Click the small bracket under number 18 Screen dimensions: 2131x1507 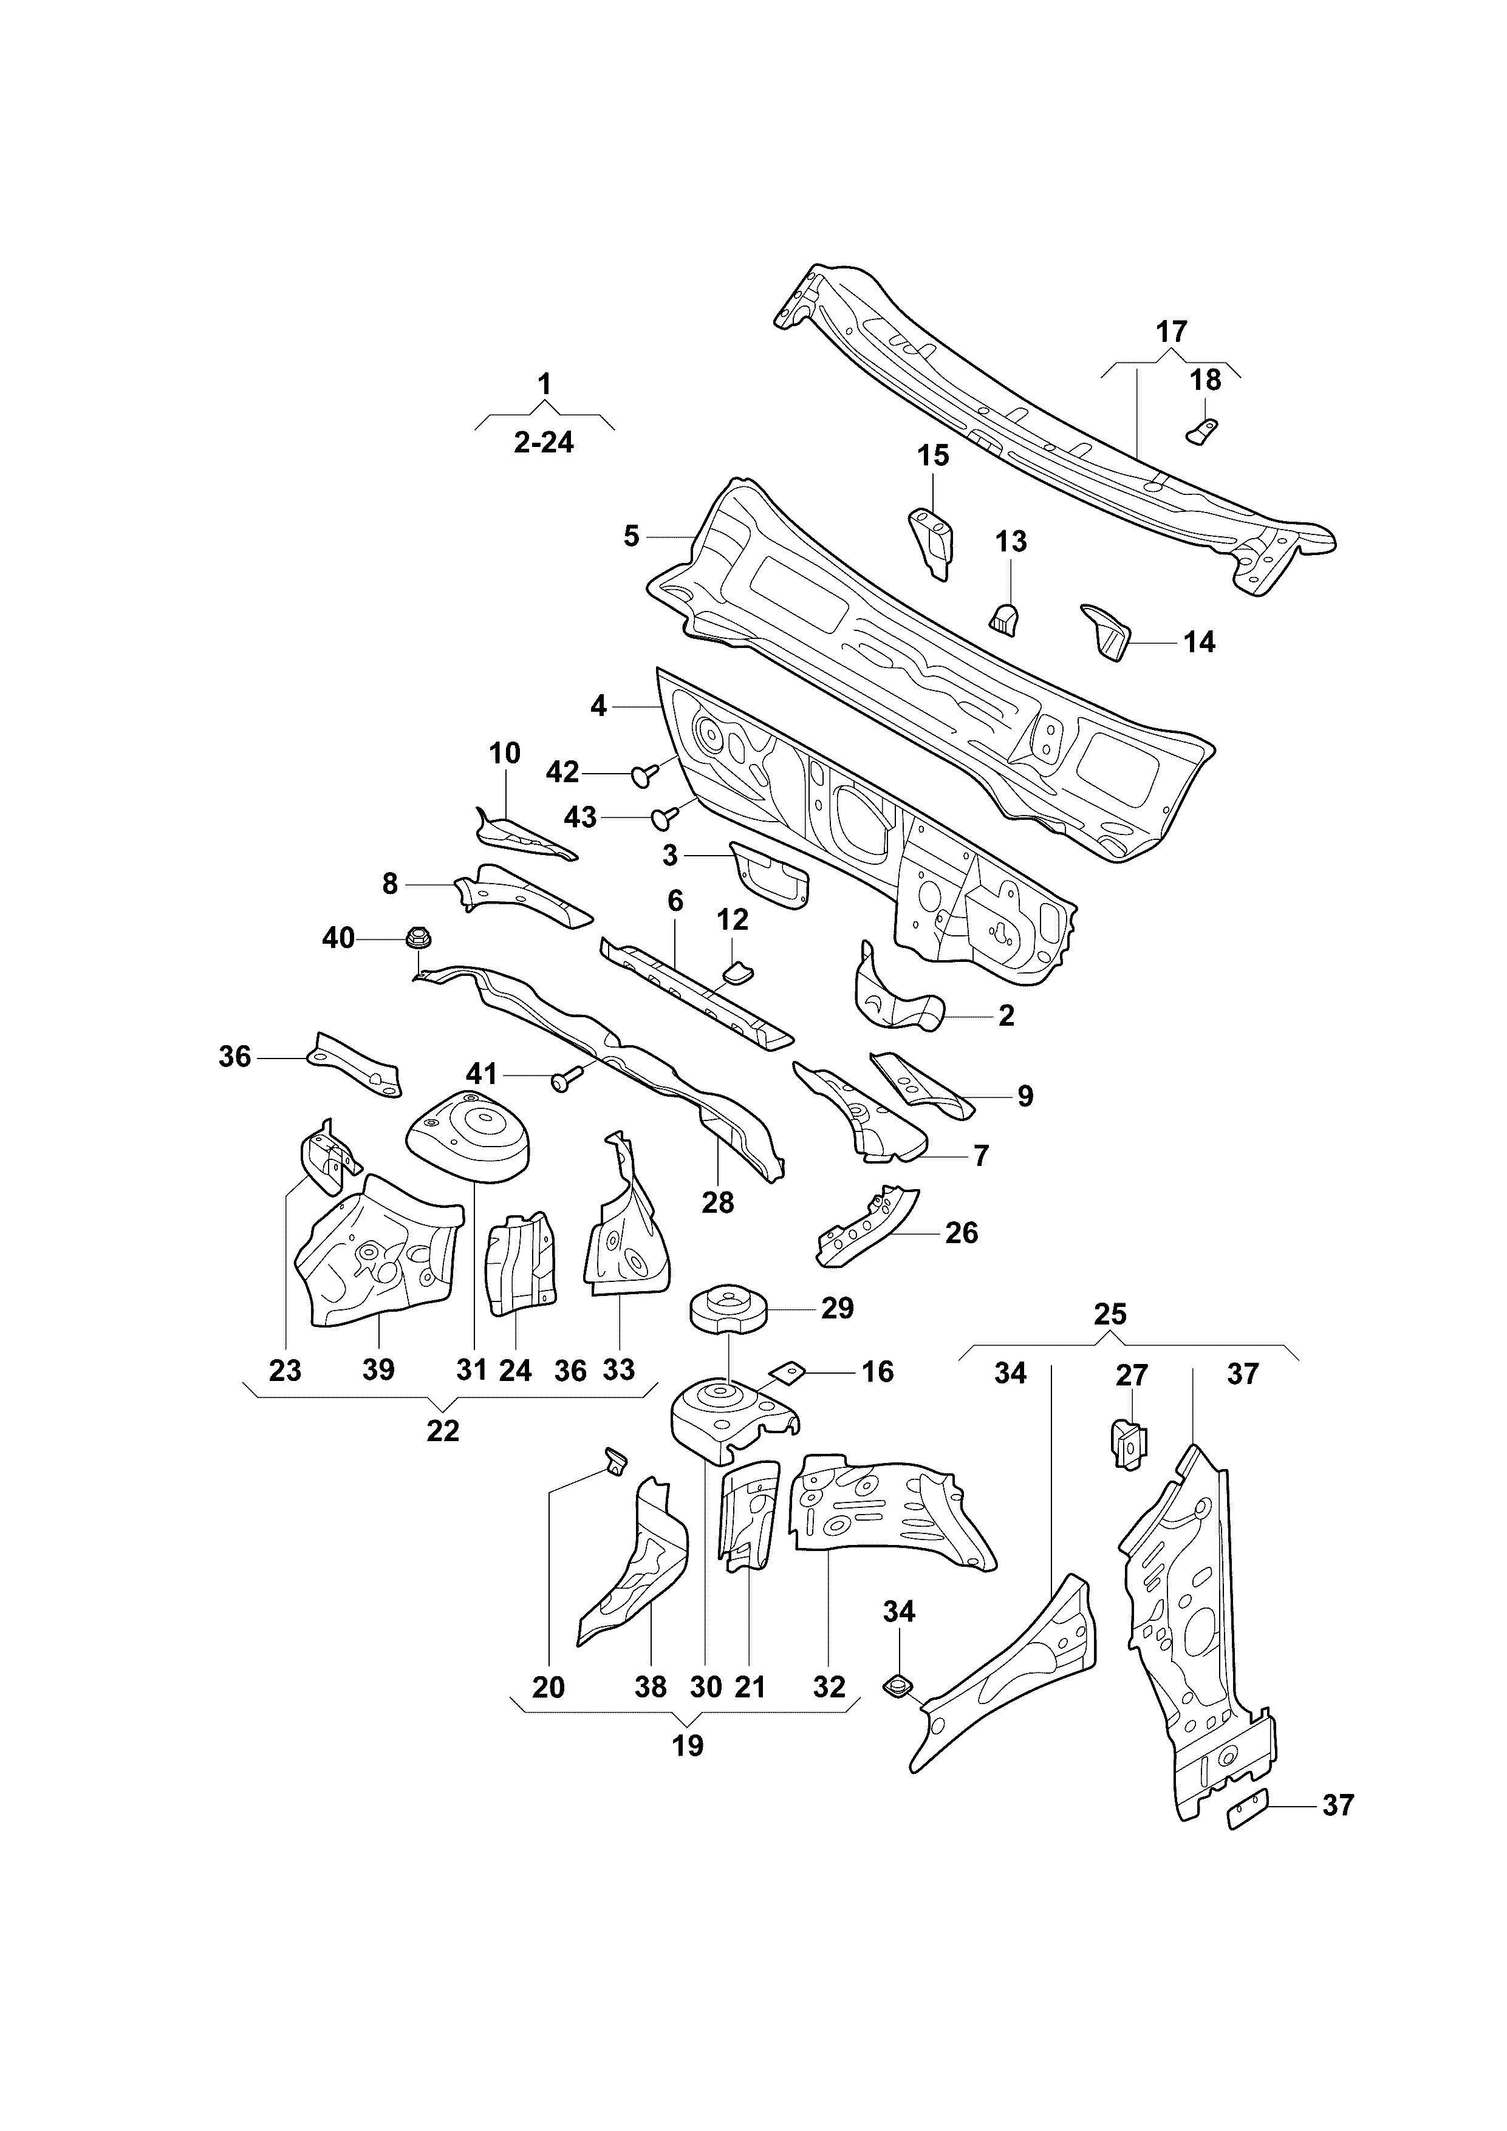(x=1203, y=430)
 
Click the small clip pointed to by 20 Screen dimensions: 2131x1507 (x=615, y=1459)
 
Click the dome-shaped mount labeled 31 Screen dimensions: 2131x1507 (x=469, y=1137)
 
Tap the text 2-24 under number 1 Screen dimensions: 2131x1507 (x=544, y=443)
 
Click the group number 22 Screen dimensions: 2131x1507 (x=443, y=1431)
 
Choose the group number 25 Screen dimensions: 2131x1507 (x=1110, y=1314)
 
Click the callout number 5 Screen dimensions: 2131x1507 (x=631, y=536)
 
